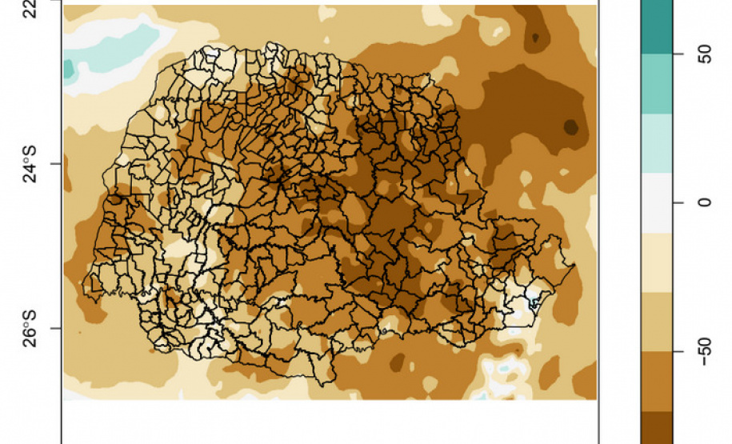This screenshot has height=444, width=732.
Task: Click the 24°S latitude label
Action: [30, 164]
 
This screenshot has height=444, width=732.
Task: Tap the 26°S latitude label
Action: [30, 329]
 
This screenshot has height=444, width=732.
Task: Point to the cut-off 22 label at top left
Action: [30, 8]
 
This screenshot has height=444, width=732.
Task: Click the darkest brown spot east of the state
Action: [570, 126]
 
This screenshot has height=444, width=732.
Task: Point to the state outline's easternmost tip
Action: [574, 265]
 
